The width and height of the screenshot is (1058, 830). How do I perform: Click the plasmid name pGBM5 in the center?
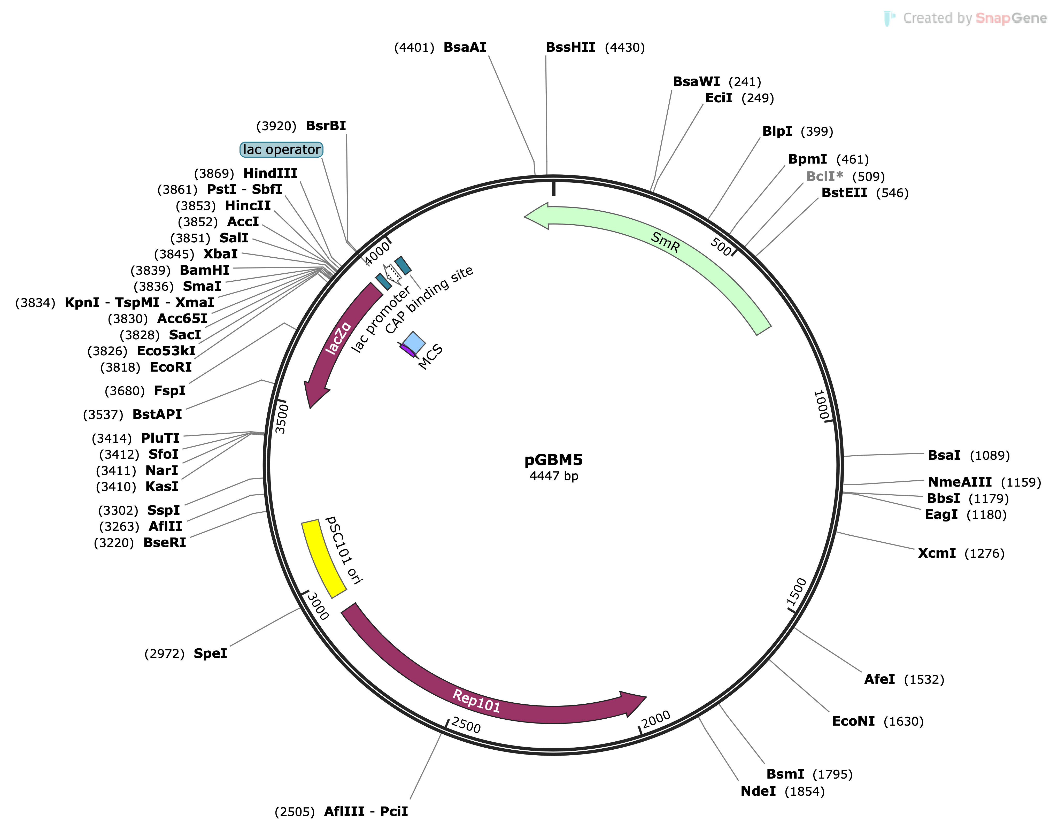(553, 460)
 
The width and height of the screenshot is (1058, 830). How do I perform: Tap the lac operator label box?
(281, 150)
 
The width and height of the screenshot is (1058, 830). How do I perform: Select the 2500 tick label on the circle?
(465, 725)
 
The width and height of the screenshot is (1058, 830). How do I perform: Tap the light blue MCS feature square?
(414, 342)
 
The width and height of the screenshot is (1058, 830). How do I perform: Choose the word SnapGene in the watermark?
(1011, 18)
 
